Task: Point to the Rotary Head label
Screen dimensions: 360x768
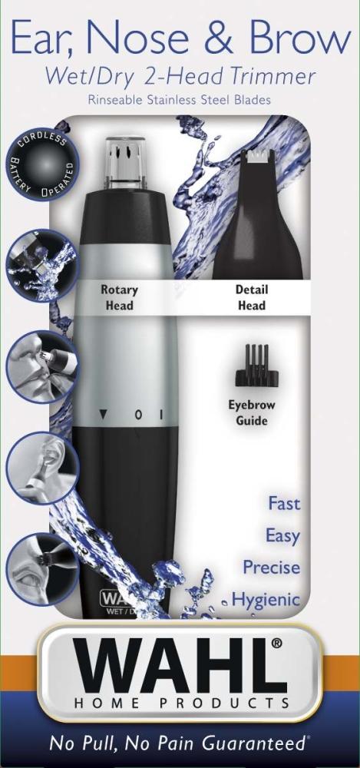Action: click(119, 297)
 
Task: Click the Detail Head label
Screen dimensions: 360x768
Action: click(252, 297)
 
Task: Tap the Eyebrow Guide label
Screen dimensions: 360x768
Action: click(252, 413)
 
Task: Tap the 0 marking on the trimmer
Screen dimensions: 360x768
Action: click(139, 415)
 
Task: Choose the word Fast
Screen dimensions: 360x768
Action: click(284, 504)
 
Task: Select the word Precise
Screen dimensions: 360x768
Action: click(272, 568)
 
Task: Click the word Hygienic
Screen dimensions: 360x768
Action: click(266, 600)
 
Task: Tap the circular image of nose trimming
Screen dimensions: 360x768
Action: click(41, 367)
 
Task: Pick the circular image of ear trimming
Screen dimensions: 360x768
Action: click(42, 468)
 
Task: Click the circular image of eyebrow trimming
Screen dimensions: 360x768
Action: click(42, 569)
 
